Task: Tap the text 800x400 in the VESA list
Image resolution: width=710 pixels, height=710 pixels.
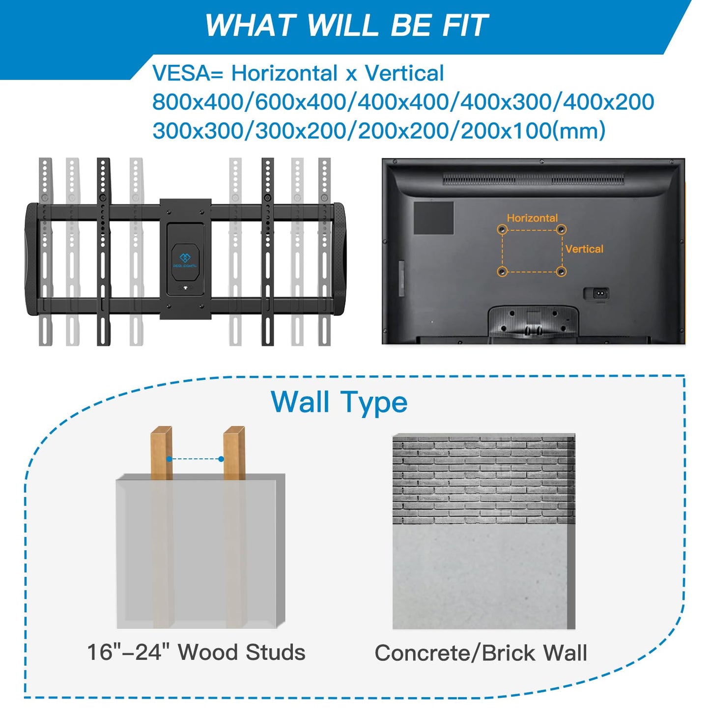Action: [x=198, y=102]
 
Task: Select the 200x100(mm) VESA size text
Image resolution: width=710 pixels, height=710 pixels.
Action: [x=533, y=130]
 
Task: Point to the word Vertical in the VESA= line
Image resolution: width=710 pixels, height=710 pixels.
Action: [x=404, y=73]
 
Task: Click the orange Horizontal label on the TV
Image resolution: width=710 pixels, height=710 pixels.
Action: [x=532, y=218]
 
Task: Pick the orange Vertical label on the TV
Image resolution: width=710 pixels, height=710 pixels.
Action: [x=584, y=249]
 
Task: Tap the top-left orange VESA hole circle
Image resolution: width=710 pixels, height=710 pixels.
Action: [x=502, y=230]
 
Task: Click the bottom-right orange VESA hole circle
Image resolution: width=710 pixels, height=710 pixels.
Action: [x=561, y=272]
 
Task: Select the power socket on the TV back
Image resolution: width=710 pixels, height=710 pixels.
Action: [x=596, y=294]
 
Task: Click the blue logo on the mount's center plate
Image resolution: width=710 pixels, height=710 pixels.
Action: [x=185, y=258]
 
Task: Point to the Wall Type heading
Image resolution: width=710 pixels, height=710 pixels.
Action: [x=339, y=402]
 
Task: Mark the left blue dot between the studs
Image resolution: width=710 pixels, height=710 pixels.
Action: [x=169, y=459]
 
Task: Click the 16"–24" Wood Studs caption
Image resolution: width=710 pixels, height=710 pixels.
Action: [x=197, y=652]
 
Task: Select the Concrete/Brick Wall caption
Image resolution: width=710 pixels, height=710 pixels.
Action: [x=481, y=653]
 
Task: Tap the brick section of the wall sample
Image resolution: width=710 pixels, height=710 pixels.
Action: [x=483, y=480]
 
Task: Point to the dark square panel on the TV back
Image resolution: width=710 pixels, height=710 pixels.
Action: [x=433, y=218]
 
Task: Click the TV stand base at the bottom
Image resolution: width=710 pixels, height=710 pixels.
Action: [x=533, y=323]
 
